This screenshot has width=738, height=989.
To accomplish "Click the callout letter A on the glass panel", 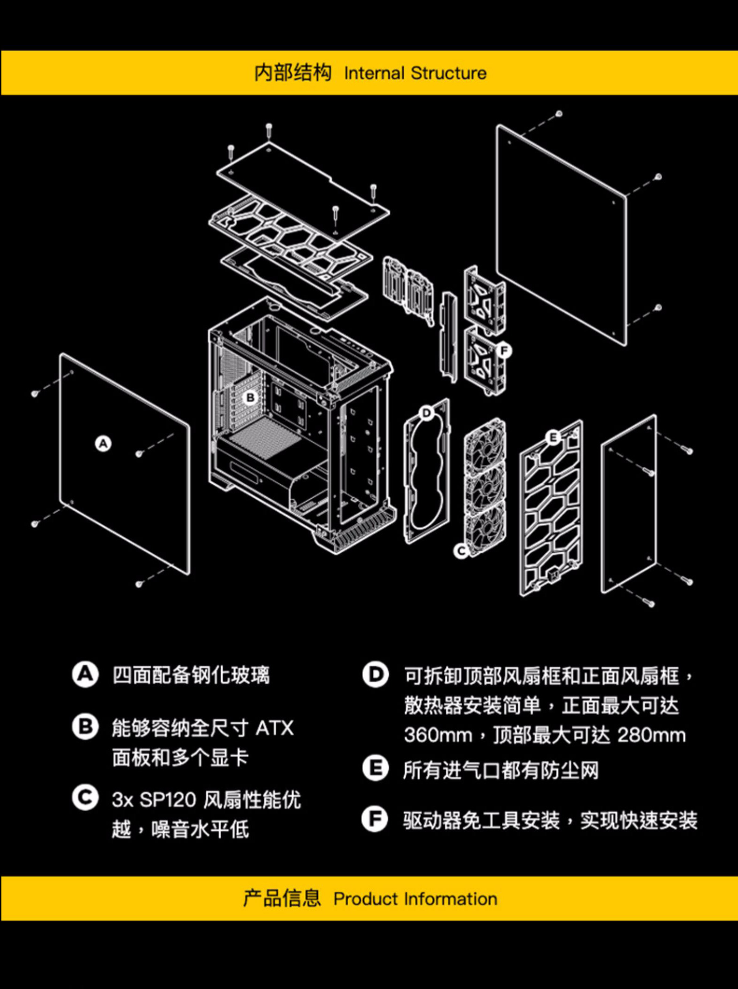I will [103, 443].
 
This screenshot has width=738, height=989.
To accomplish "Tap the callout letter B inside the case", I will [250, 397].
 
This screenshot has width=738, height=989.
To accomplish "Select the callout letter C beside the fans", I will [461, 551].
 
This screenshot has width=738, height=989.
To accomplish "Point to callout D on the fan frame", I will [427, 413].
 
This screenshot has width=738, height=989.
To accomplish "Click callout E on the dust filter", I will [553, 438].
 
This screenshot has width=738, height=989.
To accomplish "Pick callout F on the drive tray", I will [503, 350].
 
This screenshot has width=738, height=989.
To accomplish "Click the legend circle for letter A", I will [85, 675].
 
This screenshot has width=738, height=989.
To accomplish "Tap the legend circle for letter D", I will [375, 675].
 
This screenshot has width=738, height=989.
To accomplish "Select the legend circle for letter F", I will [375, 819].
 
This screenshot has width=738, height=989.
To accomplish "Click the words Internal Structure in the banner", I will [415, 73].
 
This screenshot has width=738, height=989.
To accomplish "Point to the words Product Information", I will [415, 898].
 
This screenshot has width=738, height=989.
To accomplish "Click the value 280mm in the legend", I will [651, 735].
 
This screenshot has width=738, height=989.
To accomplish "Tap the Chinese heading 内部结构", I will [293, 73].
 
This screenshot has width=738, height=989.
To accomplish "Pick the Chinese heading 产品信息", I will [282, 898].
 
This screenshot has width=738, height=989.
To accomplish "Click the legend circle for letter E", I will [375, 768].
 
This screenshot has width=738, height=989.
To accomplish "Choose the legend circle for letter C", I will [85, 797].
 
